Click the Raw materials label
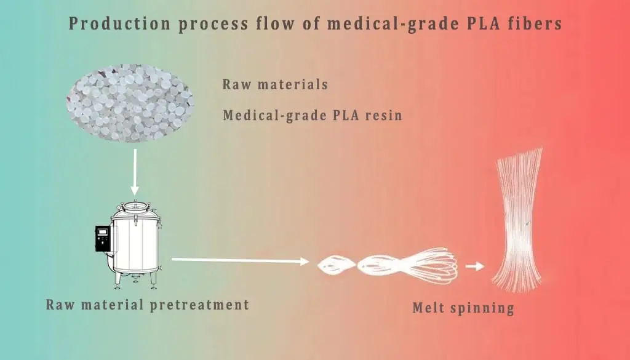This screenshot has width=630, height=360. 275,85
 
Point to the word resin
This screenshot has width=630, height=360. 383,115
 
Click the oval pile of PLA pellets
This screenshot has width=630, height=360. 130,102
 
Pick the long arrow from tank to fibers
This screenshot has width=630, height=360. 240,261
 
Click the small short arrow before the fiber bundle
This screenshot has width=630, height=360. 474,266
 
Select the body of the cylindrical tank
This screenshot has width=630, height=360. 136,246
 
